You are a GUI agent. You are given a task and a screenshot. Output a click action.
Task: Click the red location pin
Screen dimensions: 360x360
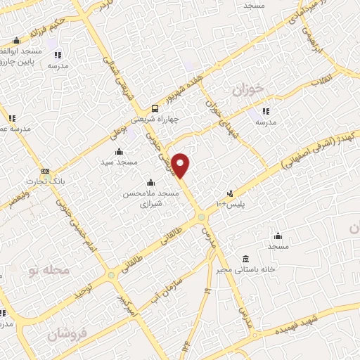coord(181,165)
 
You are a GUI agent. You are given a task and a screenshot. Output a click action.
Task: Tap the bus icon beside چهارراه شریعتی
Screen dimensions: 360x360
coord(155,108)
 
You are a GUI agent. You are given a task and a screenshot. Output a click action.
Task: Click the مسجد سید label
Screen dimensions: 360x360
coord(117,162)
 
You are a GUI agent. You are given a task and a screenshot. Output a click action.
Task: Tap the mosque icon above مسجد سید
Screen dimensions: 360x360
coord(118,151)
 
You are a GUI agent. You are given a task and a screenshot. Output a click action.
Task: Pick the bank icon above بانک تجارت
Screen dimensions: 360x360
coord(45,171)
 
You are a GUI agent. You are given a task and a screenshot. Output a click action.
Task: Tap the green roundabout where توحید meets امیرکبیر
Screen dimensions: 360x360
coord(111,274)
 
